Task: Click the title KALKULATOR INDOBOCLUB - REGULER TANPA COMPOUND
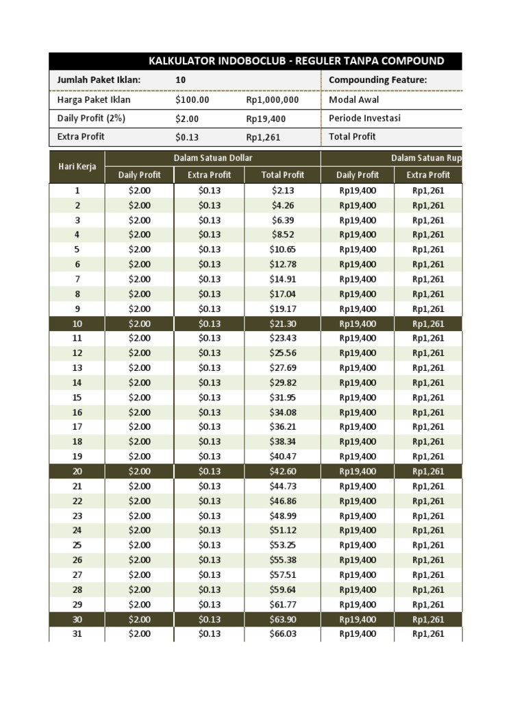(x=296, y=61)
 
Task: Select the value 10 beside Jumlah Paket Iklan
(x=181, y=80)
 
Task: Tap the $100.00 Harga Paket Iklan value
(x=192, y=99)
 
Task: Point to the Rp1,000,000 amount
(x=273, y=99)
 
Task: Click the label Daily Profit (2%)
(x=91, y=118)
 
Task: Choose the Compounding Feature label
(x=377, y=80)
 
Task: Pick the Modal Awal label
(x=355, y=99)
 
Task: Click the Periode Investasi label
(x=365, y=118)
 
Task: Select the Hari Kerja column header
(x=77, y=167)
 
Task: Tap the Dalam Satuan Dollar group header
(x=213, y=158)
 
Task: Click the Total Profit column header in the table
(x=283, y=175)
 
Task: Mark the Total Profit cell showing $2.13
(x=283, y=191)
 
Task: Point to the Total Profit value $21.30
(x=283, y=324)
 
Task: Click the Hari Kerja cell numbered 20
(x=77, y=471)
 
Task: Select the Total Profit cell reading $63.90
(x=283, y=619)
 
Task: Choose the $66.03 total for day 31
(x=283, y=634)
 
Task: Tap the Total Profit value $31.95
(x=283, y=398)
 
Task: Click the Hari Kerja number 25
(x=77, y=545)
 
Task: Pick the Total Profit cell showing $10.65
(x=283, y=250)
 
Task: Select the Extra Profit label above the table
(x=81, y=136)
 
